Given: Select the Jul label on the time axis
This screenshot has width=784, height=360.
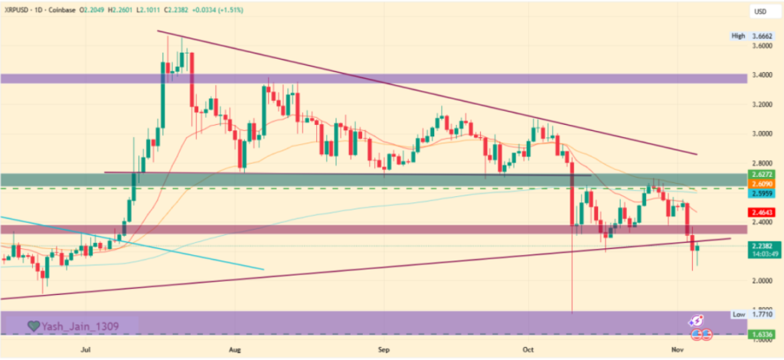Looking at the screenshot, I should click(x=86, y=349).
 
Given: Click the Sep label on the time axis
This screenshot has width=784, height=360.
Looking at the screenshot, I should click(x=384, y=349).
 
